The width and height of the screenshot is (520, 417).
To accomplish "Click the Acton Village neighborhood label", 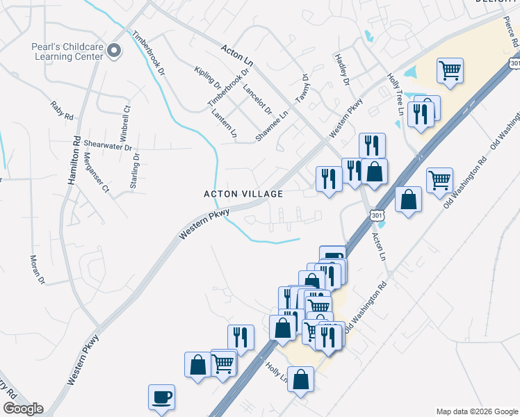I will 243,194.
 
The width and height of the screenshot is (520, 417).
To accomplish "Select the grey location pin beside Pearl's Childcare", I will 115,50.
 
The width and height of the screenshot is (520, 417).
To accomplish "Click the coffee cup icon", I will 161,397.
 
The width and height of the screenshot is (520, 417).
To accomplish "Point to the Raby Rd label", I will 61,110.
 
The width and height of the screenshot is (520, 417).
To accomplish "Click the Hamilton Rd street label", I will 73,159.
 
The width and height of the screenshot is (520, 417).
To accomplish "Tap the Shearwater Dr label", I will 108,145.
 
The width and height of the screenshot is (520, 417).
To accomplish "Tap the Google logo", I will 23,409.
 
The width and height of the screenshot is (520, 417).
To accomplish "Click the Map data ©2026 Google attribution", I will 476,411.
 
